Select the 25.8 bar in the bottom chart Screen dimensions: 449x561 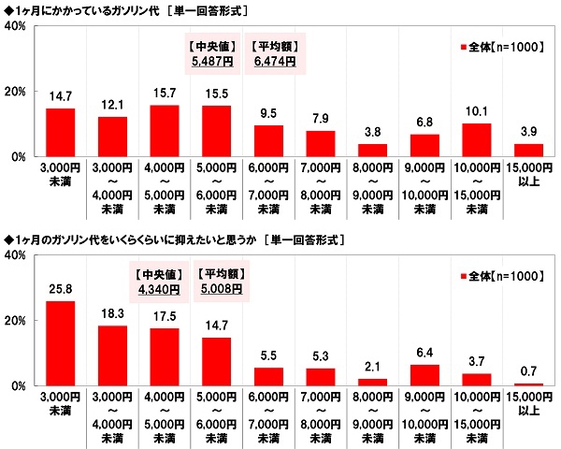[x=60, y=342]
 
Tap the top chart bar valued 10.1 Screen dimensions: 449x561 [x=476, y=139]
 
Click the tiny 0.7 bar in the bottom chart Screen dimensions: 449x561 [x=528, y=384]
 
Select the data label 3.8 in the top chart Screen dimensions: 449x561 [x=372, y=133]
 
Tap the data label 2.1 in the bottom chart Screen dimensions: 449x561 [x=372, y=369]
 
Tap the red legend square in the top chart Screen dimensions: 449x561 [x=461, y=46]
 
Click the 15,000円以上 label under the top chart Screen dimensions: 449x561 [x=528, y=177]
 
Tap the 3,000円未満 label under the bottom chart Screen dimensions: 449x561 [x=60, y=405]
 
